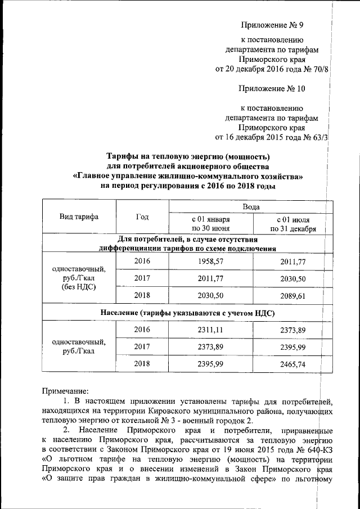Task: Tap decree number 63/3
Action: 318,137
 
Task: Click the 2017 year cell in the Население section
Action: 143,346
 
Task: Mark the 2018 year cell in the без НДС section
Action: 143,295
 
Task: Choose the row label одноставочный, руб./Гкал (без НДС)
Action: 79,278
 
